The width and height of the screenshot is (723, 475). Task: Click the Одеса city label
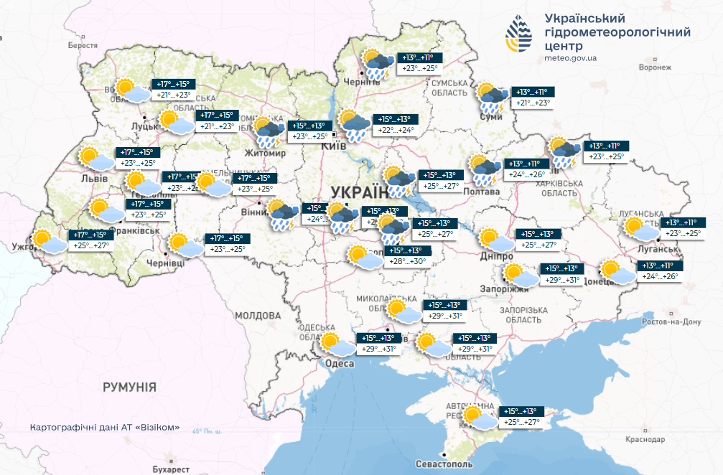coord(340,365)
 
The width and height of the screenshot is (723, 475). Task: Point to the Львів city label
coord(94,178)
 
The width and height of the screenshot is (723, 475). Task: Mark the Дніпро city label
coord(497,256)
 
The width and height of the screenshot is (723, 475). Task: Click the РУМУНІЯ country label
coord(129,387)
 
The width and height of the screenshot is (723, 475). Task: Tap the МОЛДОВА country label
coord(256,316)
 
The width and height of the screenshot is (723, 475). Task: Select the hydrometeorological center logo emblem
coord(520,34)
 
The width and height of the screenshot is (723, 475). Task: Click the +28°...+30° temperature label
coord(409,261)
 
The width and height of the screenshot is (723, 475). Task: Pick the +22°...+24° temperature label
coord(396,130)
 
